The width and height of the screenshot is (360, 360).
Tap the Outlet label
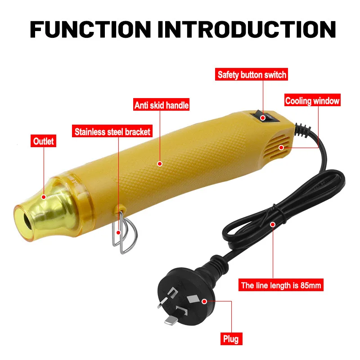[43, 141]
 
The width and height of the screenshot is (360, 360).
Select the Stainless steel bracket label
[112, 132]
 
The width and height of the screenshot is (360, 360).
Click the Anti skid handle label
[161, 106]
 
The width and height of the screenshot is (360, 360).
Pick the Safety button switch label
[252, 75]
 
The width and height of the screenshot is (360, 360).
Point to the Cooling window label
[312, 101]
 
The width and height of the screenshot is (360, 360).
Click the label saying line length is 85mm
[282, 285]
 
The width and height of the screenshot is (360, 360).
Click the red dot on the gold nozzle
[44, 196]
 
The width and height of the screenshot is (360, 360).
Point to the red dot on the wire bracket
[118, 233]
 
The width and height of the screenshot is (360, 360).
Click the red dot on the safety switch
[264, 118]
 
